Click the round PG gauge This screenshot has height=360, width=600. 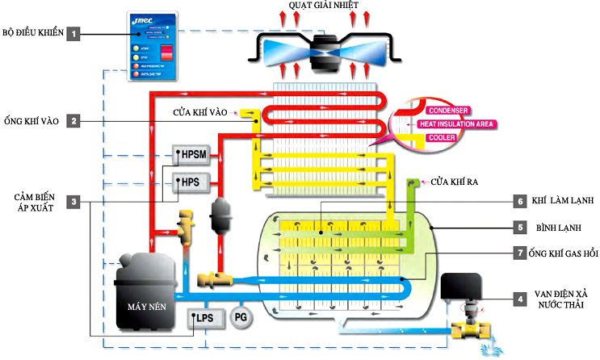(x=241, y=317)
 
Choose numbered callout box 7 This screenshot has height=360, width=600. (x=521, y=253)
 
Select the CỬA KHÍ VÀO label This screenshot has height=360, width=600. (x=202, y=112)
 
